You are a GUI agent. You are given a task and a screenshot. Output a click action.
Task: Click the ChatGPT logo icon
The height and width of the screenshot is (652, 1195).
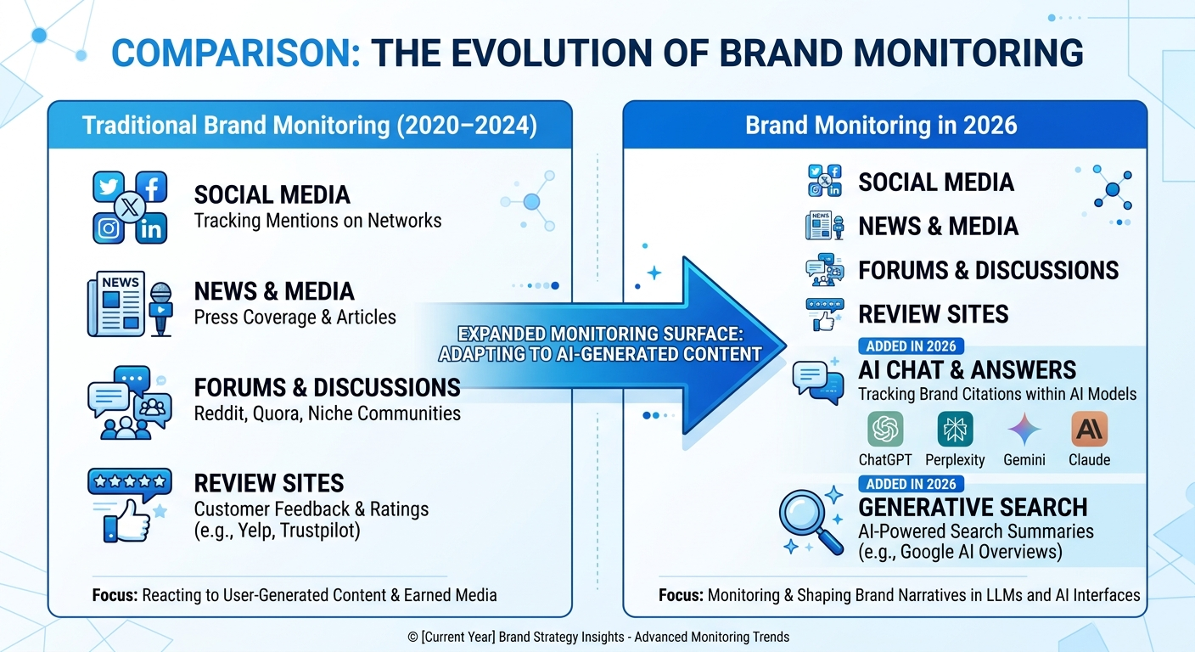tap(885, 429)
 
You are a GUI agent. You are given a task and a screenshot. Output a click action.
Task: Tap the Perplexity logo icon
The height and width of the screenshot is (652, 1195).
tap(955, 429)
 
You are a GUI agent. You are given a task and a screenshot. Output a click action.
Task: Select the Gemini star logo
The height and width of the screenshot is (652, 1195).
tap(1024, 429)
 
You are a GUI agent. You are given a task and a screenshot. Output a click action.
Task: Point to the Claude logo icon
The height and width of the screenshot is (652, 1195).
tap(1089, 429)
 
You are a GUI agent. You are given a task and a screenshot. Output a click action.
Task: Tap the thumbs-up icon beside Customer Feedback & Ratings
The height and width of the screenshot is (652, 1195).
tap(127, 520)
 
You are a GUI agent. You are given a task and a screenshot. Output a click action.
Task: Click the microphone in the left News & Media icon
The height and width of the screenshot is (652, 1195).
tap(160, 306)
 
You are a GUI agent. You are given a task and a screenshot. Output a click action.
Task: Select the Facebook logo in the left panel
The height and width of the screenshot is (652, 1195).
tap(151, 188)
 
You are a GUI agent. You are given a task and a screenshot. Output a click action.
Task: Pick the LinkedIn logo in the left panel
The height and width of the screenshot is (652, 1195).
tap(151, 228)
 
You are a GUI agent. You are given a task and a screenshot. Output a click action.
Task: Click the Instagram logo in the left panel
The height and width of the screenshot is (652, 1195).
tap(108, 228)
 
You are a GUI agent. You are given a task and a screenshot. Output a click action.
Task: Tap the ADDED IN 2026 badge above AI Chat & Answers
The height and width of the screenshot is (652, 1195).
tap(911, 346)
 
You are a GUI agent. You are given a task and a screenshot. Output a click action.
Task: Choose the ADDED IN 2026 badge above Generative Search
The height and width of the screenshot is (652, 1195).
tap(911, 484)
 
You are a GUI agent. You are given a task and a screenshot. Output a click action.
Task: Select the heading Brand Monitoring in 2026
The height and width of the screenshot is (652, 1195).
tap(881, 126)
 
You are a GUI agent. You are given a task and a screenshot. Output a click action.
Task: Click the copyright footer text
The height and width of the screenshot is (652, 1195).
tap(597, 636)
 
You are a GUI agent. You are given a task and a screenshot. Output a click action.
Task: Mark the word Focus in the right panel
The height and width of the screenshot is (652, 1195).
tap(680, 595)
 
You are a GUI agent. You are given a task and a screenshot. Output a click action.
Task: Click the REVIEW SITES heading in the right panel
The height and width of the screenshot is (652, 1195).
tap(934, 314)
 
